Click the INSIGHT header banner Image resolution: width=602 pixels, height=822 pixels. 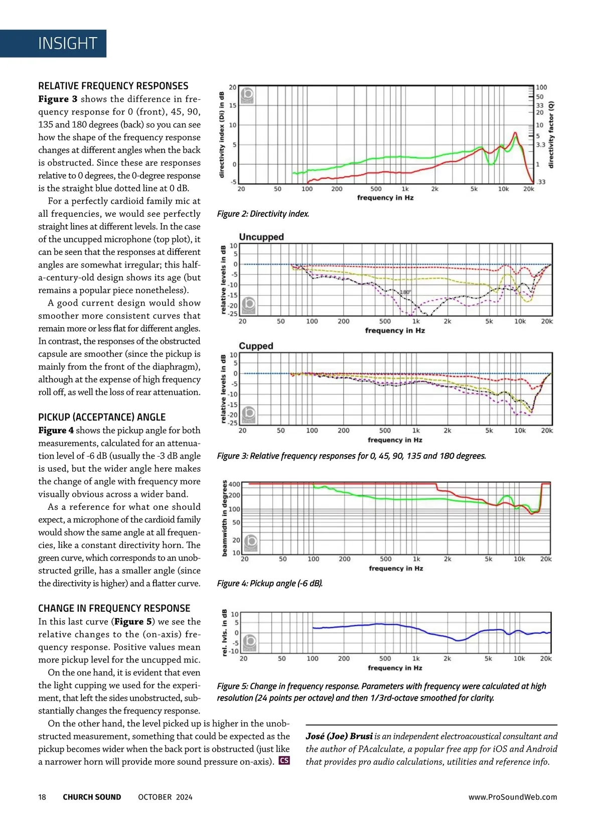tap(67, 44)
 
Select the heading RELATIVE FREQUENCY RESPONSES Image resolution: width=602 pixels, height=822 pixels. tap(113, 86)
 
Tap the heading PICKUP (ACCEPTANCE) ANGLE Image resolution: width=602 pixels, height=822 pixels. tap(102, 417)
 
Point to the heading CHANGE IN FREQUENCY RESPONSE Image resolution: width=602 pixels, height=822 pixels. tap(114, 608)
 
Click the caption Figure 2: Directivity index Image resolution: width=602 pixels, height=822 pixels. tap(263, 214)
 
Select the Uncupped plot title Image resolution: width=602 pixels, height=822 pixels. tap(261, 237)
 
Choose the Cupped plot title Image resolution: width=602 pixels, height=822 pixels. tap(256, 346)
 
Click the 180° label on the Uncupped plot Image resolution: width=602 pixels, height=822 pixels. tap(405, 292)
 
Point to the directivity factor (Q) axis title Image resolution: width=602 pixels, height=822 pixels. tap(551, 134)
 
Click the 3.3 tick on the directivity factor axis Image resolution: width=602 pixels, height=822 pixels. tap(540, 145)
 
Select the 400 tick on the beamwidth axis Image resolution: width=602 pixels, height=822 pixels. tap(234, 484)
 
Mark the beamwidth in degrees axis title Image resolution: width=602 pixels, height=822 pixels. tap(224, 518)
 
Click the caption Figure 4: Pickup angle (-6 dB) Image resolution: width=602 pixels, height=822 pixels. tap(270, 583)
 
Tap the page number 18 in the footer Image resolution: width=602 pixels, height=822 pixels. tap(42, 797)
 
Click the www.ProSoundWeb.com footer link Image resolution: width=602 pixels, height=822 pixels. tap(513, 797)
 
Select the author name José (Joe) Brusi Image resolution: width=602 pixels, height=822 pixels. tap(339, 736)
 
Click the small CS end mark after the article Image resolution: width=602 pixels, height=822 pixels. tap(284, 760)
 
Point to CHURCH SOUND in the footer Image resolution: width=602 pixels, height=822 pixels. tap(92, 797)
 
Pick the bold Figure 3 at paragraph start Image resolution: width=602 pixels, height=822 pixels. tap(58, 99)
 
